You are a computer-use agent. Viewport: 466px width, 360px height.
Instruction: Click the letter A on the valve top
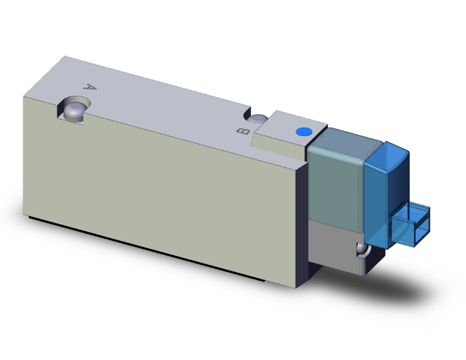pyautogui.click(x=90, y=89)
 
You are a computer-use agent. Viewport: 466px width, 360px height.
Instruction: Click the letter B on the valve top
pyautogui.click(x=243, y=131)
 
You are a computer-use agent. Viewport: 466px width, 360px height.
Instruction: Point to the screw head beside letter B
pyautogui.click(x=258, y=119)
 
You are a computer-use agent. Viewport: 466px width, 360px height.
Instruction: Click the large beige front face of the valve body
pyautogui.click(x=157, y=188)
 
